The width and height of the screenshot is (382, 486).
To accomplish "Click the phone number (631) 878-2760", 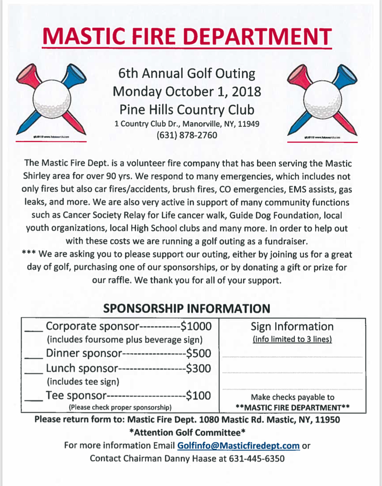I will click(187, 135).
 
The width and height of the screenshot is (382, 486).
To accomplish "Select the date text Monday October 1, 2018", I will click(187, 92).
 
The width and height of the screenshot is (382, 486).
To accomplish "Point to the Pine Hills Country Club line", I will click(187, 110).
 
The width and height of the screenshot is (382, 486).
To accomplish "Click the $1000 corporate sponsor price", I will click(196, 326).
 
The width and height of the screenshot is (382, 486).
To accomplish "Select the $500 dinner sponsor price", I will click(199, 353).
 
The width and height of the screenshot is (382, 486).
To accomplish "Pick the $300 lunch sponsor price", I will click(199, 368).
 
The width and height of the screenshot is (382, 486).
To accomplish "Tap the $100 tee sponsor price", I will click(199, 396).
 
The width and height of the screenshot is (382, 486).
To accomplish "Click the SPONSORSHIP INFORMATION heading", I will click(187, 309).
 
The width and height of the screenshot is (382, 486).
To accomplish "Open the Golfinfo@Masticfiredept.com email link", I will click(238, 446).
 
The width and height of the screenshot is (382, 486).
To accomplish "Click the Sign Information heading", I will click(292, 327).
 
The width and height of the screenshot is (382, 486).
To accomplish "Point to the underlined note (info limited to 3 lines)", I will click(292, 339).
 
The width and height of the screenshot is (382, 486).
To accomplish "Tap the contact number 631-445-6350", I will click(257, 458).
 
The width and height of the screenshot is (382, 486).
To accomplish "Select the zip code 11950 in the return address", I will click(327, 420).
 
